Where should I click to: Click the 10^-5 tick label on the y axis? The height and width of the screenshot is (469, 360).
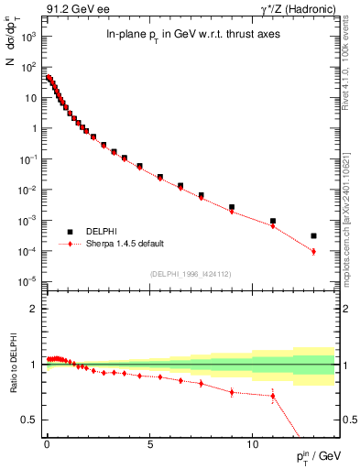pyautogui.click(x=27, y=281)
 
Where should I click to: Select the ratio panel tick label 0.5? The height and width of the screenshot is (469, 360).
pyautogui.click(x=29, y=420)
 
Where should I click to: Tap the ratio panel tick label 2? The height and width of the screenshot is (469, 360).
pyautogui.click(x=33, y=309)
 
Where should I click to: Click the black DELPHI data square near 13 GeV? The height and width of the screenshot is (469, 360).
pyautogui.click(x=313, y=235)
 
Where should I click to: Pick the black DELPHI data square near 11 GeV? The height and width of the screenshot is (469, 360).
pyautogui.click(x=273, y=221)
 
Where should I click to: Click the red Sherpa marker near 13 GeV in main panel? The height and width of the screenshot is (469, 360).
pyautogui.click(x=313, y=251)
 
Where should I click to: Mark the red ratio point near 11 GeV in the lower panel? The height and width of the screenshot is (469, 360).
pyautogui.click(x=273, y=396)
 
